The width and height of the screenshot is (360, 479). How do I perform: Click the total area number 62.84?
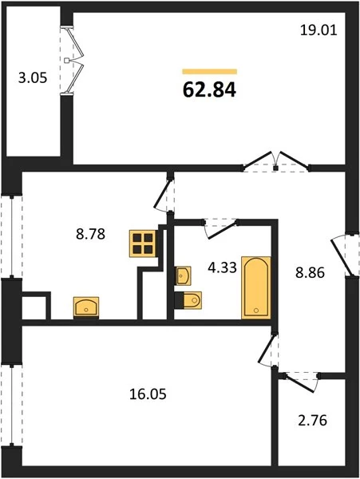[x=209, y=90]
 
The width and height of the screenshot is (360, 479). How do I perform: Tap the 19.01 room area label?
[x=318, y=30]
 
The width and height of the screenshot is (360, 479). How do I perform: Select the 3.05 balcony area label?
[x=33, y=78]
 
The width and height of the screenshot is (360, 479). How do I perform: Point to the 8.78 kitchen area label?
[x=90, y=234]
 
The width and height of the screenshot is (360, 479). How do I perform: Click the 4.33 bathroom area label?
[x=222, y=268]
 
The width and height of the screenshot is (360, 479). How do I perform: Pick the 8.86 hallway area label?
[x=310, y=273]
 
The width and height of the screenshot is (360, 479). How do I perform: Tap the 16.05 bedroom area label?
[x=148, y=394]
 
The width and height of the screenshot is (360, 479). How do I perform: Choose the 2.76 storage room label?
[x=312, y=421]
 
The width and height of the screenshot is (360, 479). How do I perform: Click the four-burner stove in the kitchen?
[x=143, y=243]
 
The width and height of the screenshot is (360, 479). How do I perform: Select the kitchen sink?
[x=86, y=307]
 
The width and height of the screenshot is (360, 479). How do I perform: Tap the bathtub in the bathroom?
[x=256, y=287]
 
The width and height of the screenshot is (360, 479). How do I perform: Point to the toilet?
[x=188, y=301]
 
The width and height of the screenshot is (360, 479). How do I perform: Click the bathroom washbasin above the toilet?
[x=184, y=276]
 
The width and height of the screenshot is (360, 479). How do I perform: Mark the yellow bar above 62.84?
[x=210, y=72]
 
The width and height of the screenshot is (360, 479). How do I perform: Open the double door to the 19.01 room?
[x=276, y=162]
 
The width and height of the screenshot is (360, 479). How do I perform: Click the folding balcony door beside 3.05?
[x=73, y=61]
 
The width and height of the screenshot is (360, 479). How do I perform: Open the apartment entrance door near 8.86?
[x=345, y=255]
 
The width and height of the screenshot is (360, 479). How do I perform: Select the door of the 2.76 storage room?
[x=300, y=382]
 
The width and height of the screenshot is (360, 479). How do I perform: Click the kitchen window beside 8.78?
[x=12, y=237]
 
